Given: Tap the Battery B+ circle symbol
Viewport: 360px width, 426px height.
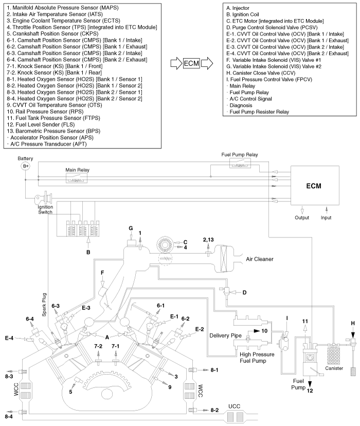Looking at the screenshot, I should pos(26,166).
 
